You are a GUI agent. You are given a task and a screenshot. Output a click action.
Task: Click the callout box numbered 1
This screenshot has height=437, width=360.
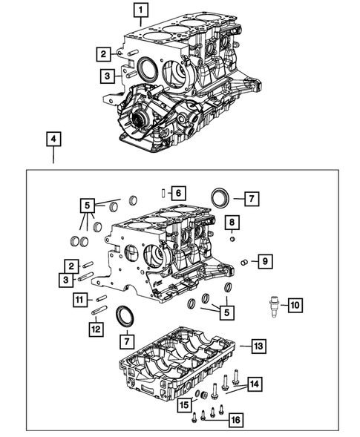(x=140, y=10)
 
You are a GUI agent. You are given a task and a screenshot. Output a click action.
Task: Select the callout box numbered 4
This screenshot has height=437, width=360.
(x=53, y=139)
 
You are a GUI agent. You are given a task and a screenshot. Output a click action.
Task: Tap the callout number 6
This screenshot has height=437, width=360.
(x=177, y=192)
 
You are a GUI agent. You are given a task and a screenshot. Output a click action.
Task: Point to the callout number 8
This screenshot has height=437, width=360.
(x=232, y=223)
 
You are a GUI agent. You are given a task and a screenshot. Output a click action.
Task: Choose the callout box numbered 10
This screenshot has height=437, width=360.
(x=294, y=305)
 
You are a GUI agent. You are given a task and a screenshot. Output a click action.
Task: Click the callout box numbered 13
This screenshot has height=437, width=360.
(x=258, y=346)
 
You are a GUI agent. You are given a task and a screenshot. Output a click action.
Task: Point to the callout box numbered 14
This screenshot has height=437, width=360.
(x=255, y=384)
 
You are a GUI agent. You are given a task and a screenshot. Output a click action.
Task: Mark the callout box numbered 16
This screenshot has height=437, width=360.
(x=236, y=420)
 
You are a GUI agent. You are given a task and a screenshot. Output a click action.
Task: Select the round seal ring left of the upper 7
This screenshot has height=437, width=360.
(x=220, y=199)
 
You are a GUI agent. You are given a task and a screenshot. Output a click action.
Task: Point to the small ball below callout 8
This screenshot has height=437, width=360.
(x=232, y=238)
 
